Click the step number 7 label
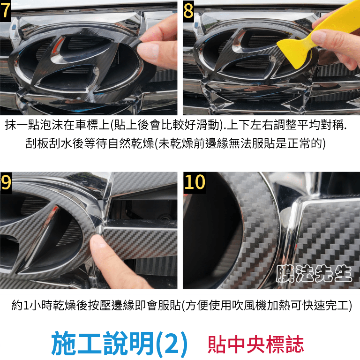tap(5, 11)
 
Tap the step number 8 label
tap(188, 11)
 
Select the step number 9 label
tap(6, 182)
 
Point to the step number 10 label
tap(195, 182)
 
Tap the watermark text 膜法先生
tap(314, 274)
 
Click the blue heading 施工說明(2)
tap(120, 344)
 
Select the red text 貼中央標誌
tap(255, 344)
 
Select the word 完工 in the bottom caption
tap(337, 306)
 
